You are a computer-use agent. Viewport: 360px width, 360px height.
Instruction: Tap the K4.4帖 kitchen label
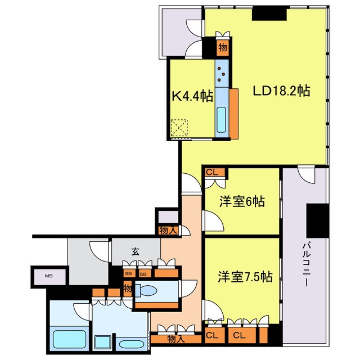pos(192,96)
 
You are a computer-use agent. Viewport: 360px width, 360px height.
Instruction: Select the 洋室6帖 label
pos(242,201)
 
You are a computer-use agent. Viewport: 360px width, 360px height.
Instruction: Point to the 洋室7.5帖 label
pos(245,277)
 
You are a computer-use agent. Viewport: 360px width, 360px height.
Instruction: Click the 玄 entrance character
pos(136,251)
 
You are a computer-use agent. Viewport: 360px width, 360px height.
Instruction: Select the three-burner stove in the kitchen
pos(222,72)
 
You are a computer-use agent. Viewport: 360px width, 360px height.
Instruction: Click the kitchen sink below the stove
pos(222,119)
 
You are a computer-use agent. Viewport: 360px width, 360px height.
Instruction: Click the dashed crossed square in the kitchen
pos(181,128)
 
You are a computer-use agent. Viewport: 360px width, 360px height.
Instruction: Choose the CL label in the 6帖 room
pos(212,173)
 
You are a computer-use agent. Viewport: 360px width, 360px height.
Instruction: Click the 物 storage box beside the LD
pos(223,47)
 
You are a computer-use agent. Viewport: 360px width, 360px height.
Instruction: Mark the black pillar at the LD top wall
pos(263,15)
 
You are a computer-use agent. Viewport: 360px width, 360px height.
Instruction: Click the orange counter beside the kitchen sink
pos(233,113)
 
